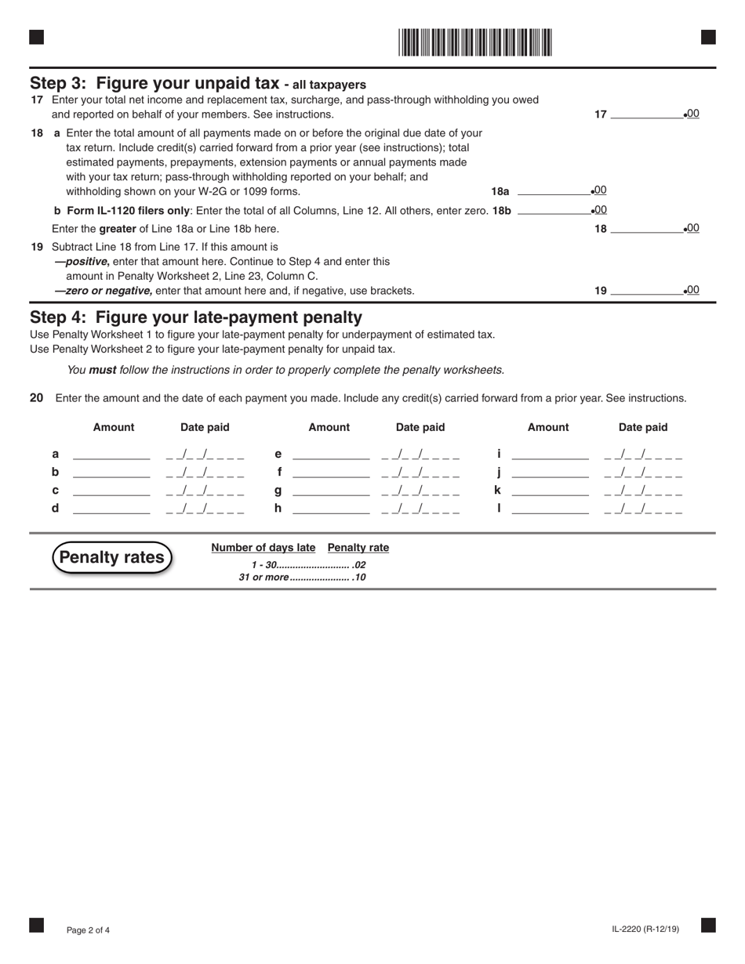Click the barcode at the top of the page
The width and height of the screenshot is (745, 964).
point(474,42)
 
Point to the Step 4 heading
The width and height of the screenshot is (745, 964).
point(196,317)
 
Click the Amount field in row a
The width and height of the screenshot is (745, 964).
point(111,454)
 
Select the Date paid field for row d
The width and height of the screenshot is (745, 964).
point(205,509)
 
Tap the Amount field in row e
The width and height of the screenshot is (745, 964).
point(330,454)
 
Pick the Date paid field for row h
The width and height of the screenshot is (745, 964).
point(420,509)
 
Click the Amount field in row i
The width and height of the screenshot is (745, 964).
point(549,454)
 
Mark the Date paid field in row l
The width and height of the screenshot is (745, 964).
point(643,509)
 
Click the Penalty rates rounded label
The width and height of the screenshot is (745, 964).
point(112,557)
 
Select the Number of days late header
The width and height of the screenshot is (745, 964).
point(263,548)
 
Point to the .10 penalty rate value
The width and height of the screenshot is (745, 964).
point(359,578)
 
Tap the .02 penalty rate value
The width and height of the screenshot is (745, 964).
point(359,565)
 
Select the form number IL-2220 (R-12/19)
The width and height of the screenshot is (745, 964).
point(645,930)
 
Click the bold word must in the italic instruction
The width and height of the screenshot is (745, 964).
point(102,370)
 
